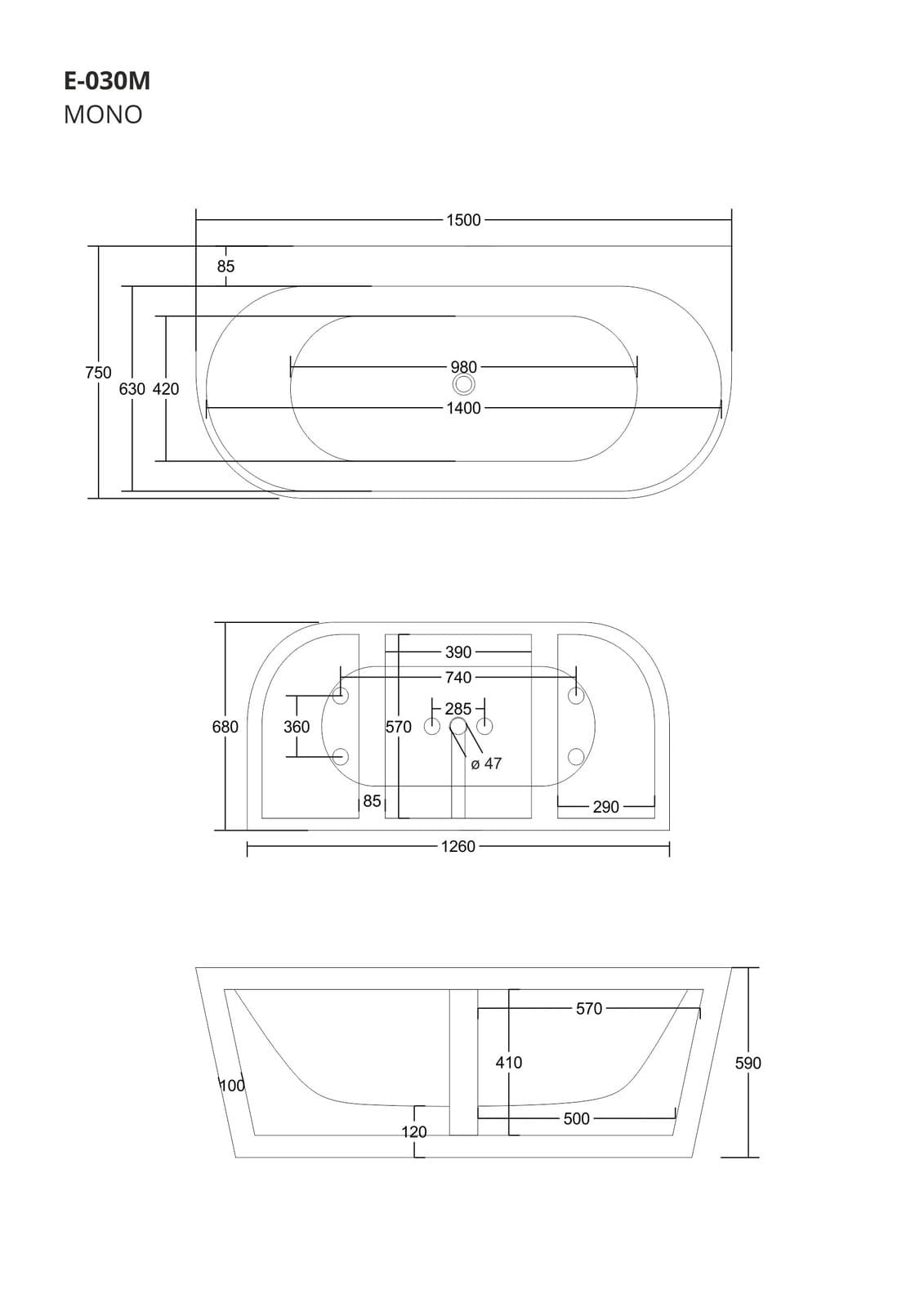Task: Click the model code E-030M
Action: click(107, 82)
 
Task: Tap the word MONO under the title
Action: click(103, 114)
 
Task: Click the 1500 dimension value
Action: click(463, 220)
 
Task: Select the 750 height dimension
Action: click(98, 373)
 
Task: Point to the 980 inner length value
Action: click(463, 367)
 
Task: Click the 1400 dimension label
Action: click(463, 408)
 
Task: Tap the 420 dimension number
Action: click(166, 389)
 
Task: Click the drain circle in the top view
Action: click(464, 385)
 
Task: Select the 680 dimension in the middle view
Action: click(225, 727)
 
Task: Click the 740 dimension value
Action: click(458, 678)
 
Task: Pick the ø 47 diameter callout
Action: click(486, 764)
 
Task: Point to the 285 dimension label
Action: click(458, 709)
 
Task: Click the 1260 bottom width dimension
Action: click(458, 846)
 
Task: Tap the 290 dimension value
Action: click(605, 807)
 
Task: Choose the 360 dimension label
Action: click(297, 727)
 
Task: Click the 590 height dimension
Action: click(748, 1063)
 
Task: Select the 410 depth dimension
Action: click(508, 1063)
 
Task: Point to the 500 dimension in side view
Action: click(576, 1118)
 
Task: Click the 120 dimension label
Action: click(414, 1132)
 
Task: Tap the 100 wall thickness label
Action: click(233, 1086)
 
